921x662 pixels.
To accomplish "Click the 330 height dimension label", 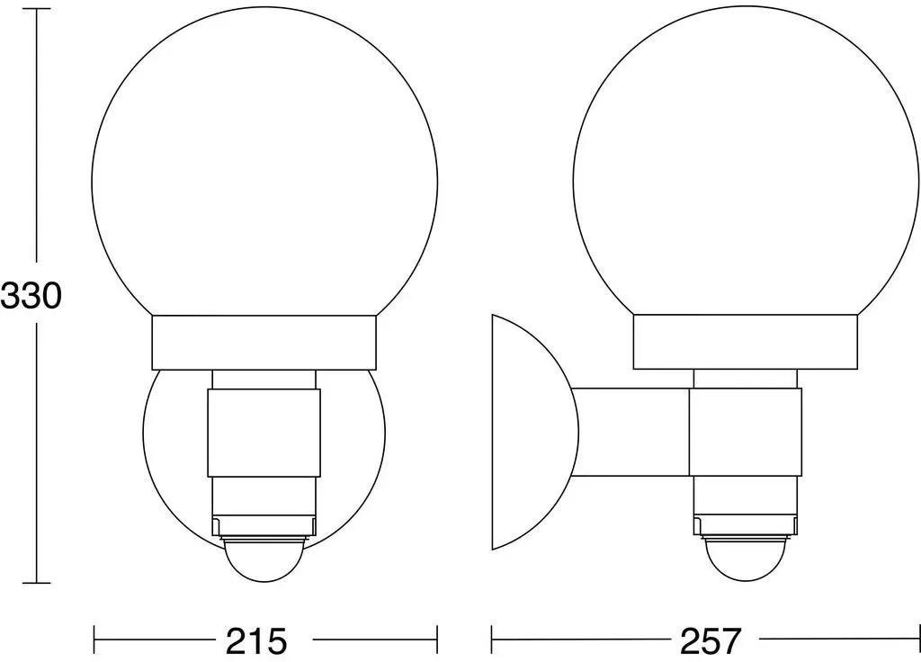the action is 31,295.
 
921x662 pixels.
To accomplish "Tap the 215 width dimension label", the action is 256,640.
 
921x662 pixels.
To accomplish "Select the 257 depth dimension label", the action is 711,640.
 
